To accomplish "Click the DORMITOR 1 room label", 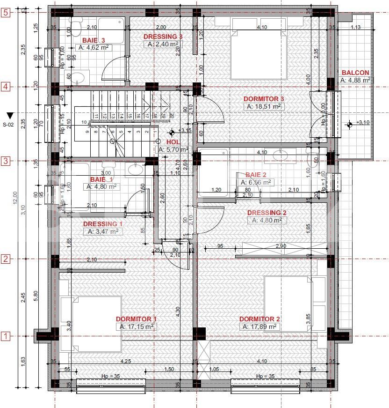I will pyautogui.click(x=136, y=319).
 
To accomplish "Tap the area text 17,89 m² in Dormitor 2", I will pyautogui.click(x=259, y=327).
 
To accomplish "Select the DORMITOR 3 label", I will pyautogui.click(x=264, y=99).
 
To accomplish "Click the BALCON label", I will pyautogui.click(x=355, y=73).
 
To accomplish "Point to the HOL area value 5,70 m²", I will pyautogui.click(x=173, y=149).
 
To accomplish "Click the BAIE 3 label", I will pyautogui.click(x=97, y=40).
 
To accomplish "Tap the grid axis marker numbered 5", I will pyautogui.click(x=6, y=13).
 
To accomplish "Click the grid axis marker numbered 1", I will pyautogui.click(x=6, y=336).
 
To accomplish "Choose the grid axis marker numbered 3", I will pyautogui.click(x=6, y=161).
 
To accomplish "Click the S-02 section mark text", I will pyautogui.click(x=8, y=125).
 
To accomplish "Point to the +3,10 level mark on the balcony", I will pyautogui.click(x=363, y=122).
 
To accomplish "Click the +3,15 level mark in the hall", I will pyautogui.click(x=185, y=131).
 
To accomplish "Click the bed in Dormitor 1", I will pyautogui.click(x=91, y=323).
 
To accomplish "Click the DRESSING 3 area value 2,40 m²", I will pyautogui.click(x=162, y=45).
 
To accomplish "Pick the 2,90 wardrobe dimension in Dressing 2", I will pyautogui.click(x=281, y=246).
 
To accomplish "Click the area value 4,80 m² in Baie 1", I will pyautogui.click(x=101, y=186).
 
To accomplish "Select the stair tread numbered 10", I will pyautogui.click(x=84, y=122).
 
